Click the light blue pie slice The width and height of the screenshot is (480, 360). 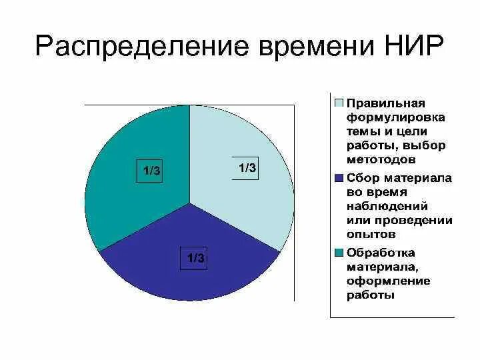(x=247, y=193)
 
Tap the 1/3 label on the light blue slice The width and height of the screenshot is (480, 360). (x=247, y=168)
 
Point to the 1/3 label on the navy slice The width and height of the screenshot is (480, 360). (x=195, y=258)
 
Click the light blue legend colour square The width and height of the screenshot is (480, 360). (x=339, y=103)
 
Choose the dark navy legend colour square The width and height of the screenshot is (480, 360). (x=339, y=179)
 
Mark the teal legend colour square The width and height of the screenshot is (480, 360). (x=339, y=253)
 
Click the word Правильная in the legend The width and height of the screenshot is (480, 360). (x=386, y=103)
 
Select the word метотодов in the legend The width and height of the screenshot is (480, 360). (x=381, y=160)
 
